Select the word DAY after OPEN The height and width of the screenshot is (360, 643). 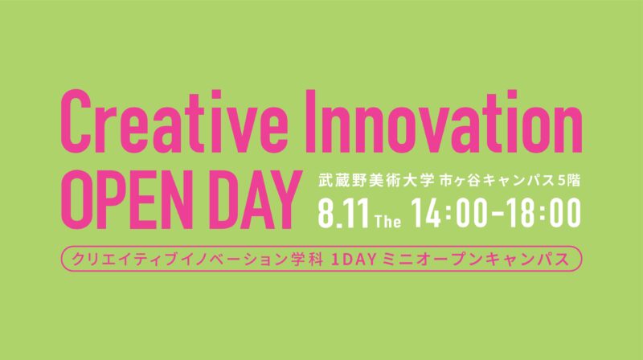tap(253, 200)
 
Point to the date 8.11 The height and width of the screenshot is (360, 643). tap(344, 213)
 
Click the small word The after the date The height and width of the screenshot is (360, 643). tap(388, 222)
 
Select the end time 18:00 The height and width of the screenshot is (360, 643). tap(544, 213)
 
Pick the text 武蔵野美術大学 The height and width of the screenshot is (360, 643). tap(376, 181)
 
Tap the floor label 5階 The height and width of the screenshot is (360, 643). tap(570, 181)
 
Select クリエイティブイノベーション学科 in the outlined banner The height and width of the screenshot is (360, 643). tap(197, 259)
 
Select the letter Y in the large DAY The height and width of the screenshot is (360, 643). tap(283, 200)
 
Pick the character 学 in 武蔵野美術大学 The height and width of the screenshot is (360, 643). tap(426, 181)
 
